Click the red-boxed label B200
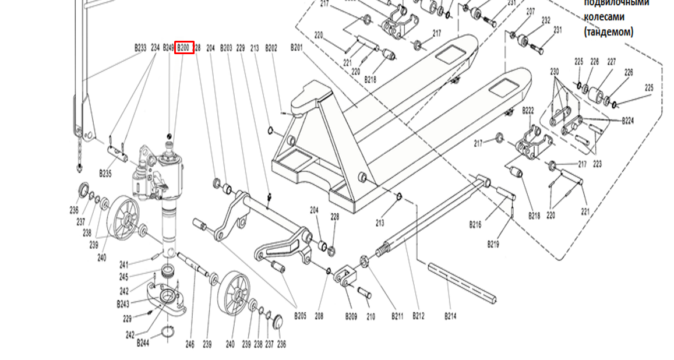184,48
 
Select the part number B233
140,48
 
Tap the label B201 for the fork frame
297,48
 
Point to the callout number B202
271,48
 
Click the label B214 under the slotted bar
450,316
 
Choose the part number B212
418,316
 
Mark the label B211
397,316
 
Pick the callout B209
351,316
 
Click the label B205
300,316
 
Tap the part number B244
143,343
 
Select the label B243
123,304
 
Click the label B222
528,110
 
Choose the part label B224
628,121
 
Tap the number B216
475,224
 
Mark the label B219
493,245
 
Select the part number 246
190,344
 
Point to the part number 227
612,61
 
